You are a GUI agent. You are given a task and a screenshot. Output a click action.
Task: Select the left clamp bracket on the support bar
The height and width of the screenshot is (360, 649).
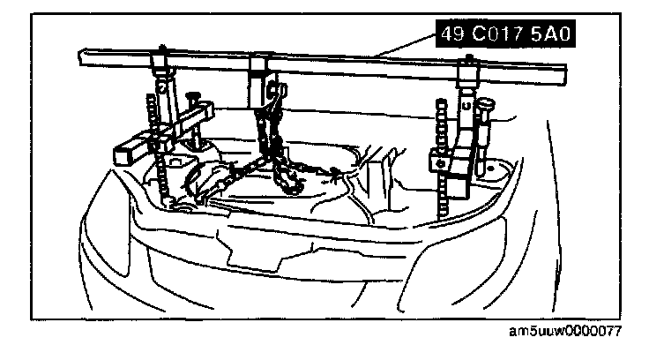[161, 68]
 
